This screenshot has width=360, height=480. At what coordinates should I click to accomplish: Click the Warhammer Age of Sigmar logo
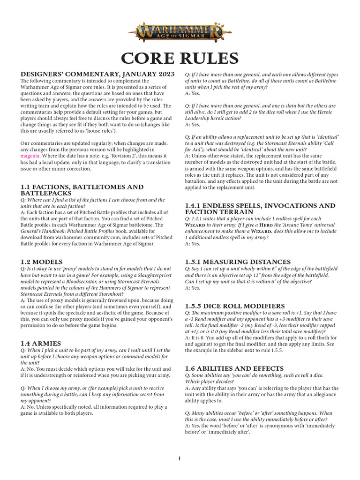180,33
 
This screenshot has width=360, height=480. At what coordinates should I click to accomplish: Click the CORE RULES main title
180,58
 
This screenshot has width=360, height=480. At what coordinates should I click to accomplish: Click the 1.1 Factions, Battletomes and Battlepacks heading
82,190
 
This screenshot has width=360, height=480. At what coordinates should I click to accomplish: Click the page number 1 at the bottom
180,458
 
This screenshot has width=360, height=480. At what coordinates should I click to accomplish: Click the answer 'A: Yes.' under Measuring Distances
193,288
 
